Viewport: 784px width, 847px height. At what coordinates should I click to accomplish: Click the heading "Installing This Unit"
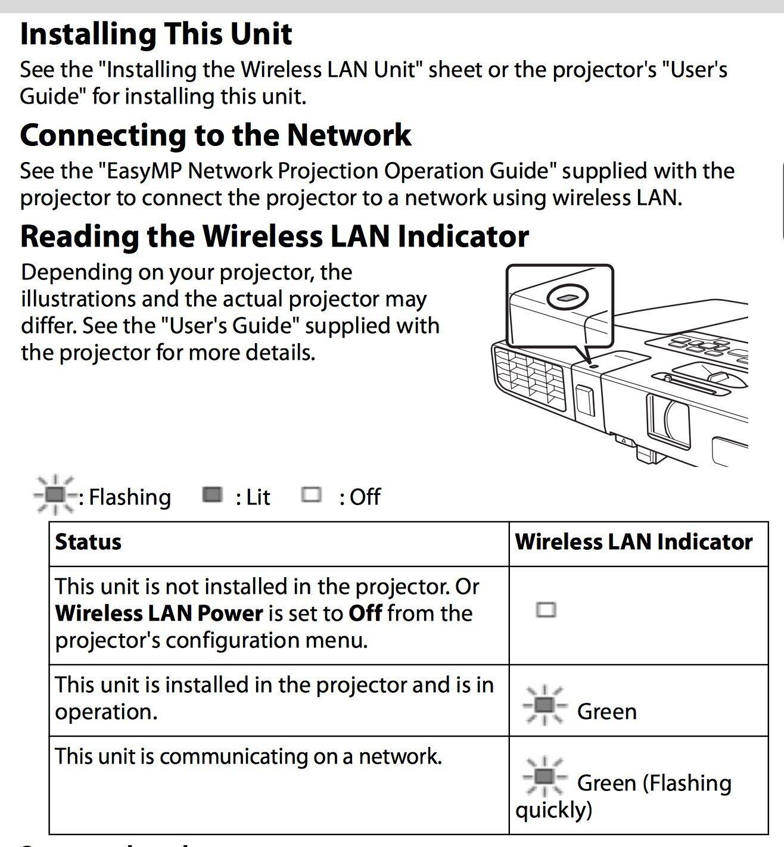[156, 34]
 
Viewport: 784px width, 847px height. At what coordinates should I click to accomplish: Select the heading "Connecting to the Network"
[215, 135]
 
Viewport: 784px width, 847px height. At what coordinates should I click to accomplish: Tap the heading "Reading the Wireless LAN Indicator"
[274, 236]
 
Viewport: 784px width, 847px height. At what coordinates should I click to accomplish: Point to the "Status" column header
[88, 542]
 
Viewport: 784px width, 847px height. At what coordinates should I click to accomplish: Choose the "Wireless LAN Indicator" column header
[633, 542]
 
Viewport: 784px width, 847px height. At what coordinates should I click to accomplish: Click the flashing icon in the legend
[54, 494]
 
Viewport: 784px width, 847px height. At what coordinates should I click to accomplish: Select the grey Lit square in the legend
[212, 494]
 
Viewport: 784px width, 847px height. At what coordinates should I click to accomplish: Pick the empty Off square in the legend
[311, 494]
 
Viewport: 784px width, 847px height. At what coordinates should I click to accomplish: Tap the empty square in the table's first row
[546, 610]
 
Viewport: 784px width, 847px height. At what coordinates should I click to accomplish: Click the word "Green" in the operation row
[606, 712]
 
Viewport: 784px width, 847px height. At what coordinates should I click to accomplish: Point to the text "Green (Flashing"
[654, 783]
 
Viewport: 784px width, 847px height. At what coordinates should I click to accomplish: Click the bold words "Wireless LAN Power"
[159, 614]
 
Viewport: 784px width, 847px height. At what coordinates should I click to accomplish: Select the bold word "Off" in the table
[365, 614]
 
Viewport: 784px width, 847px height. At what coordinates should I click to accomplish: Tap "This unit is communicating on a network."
[248, 756]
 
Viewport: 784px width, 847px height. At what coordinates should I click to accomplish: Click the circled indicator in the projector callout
[567, 297]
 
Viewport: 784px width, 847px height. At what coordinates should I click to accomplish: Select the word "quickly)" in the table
[554, 810]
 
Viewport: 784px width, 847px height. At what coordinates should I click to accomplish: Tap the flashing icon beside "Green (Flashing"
[543, 776]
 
